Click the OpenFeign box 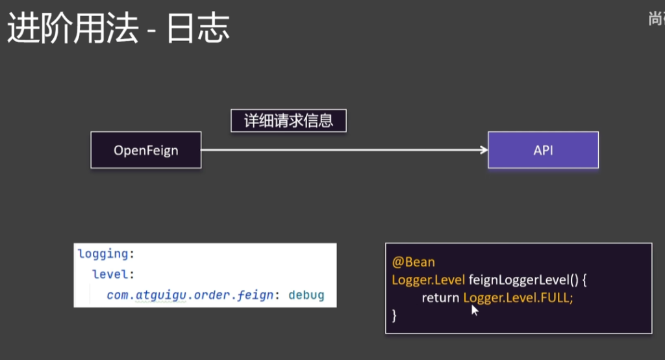(x=145, y=150)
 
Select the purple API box (x=543, y=150)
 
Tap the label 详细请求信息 (x=288, y=121)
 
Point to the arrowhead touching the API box (x=483, y=150)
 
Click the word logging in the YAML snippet (x=103, y=253)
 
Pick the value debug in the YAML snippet (x=306, y=295)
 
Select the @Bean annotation (x=413, y=263)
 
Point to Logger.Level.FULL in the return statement (x=518, y=298)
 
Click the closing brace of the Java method (x=394, y=315)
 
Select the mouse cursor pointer (x=475, y=310)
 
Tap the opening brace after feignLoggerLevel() (x=584, y=280)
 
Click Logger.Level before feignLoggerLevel (x=428, y=280)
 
